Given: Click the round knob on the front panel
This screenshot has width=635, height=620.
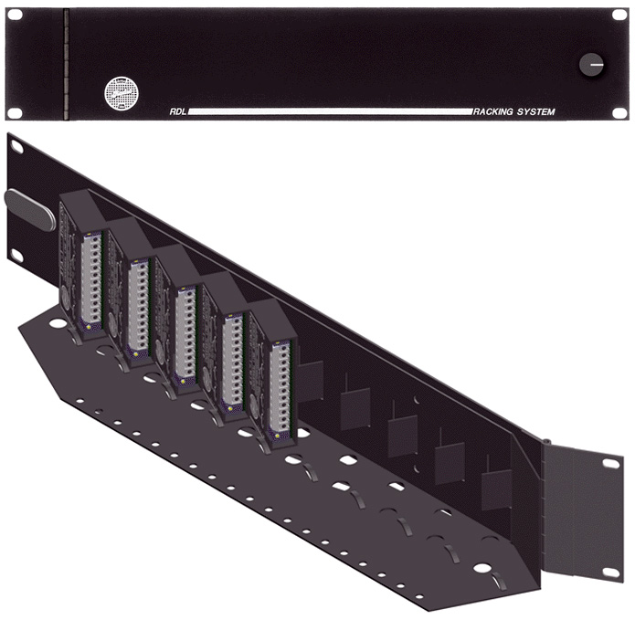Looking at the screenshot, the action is pyautogui.click(x=591, y=64).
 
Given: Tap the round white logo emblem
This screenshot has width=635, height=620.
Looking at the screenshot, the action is pyautogui.click(x=122, y=93).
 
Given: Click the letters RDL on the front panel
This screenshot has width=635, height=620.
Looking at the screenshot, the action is pyautogui.click(x=178, y=111).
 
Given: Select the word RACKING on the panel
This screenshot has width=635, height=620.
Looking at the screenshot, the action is pyautogui.click(x=492, y=111).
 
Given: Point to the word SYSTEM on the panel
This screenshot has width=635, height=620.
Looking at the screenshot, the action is pyautogui.click(x=535, y=111).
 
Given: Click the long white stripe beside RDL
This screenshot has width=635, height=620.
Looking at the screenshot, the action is pyautogui.click(x=330, y=111).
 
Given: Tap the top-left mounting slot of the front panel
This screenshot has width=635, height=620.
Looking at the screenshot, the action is pyautogui.click(x=15, y=15).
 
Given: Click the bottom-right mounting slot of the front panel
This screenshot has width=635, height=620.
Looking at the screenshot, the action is pyautogui.click(x=619, y=112).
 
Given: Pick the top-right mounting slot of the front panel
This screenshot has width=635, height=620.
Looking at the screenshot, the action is pyautogui.click(x=619, y=15).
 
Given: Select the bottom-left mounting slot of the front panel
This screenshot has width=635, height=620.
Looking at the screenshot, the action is pyautogui.click(x=15, y=112).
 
